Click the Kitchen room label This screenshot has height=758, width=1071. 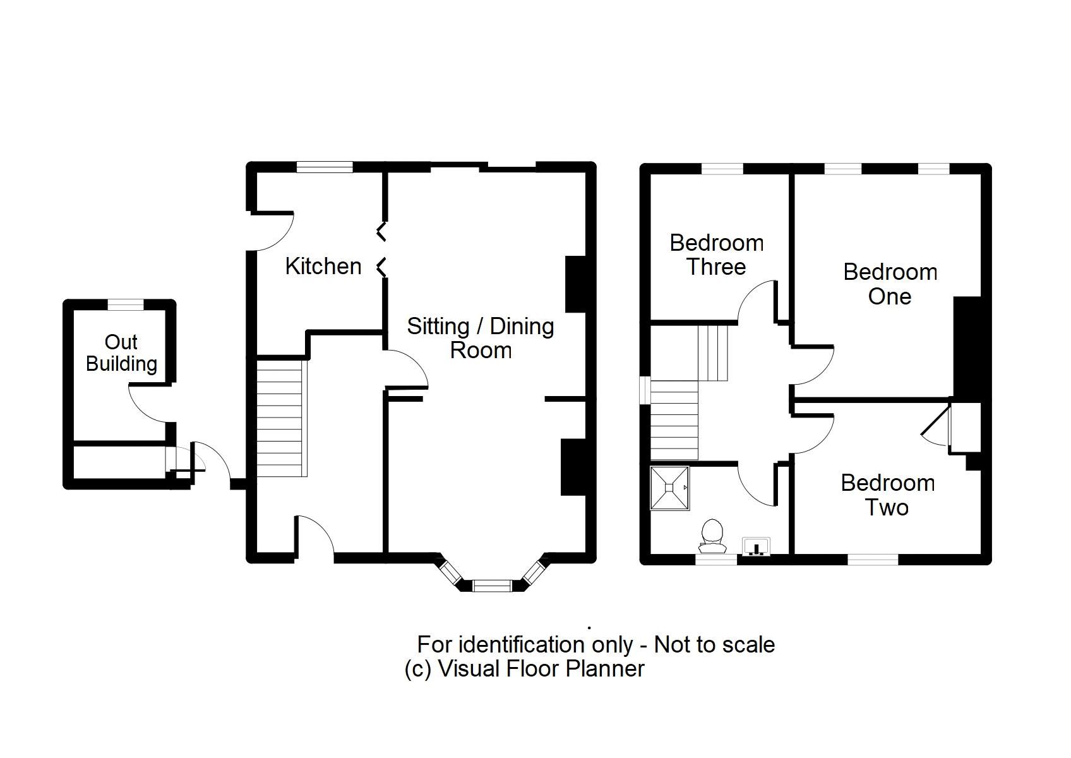tap(323, 266)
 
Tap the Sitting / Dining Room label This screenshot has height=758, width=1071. tap(480, 338)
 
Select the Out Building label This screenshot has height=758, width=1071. tap(121, 352)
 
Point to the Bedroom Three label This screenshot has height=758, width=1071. tap(716, 255)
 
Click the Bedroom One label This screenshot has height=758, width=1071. tap(890, 284)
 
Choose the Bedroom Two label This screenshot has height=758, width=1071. tap(887, 495)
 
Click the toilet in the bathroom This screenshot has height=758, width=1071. tap(712, 533)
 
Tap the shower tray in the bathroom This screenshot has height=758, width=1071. tap(669, 488)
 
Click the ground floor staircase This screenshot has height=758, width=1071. tap(280, 417)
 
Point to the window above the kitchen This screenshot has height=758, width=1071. tap(325, 167)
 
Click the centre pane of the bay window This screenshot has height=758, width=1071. tap(491, 586)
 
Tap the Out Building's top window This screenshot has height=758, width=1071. tap(126, 304)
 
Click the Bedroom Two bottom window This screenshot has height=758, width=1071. tap(872, 559)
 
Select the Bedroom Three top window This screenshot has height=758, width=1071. tap(722, 169)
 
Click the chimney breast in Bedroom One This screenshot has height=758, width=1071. tap(966, 347)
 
